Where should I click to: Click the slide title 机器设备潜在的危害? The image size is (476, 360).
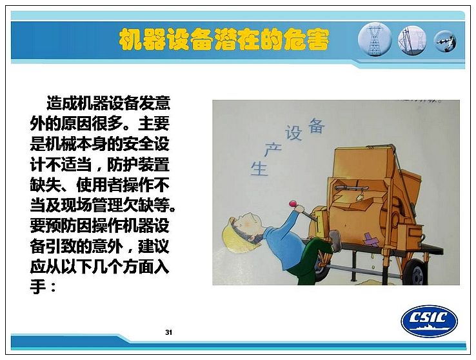point(224,40)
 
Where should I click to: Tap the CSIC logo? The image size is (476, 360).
point(430,321)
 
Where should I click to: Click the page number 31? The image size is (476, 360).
point(169,332)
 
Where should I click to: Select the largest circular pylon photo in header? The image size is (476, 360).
point(375,39)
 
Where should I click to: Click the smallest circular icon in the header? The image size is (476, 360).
point(445,41)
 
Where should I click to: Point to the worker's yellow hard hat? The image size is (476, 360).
point(233,235)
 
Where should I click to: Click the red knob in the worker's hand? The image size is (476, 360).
point(293,203)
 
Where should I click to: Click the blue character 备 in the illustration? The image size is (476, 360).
point(316,125)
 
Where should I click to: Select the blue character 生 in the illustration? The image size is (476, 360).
point(259,168)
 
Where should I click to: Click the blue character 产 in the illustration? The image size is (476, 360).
point(272,149)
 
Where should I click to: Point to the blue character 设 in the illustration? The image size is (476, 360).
point(293,133)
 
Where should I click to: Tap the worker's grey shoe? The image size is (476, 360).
point(335,240)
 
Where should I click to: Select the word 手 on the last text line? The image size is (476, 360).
point(38,286)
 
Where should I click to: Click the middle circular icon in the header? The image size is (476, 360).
point(412,41)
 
